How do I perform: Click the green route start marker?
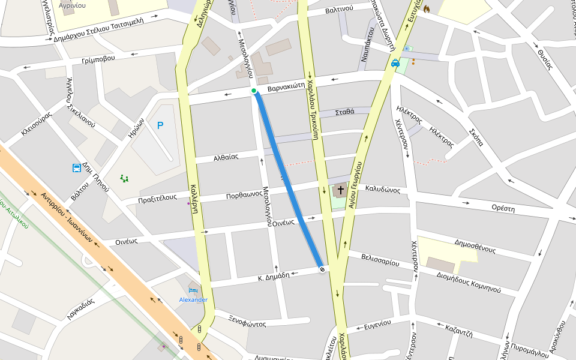(254, 91)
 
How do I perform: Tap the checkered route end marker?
(322, 269)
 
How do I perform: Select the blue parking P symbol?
(160, 125)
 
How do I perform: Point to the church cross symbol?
(341, 191)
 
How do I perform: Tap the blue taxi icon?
(395, 63)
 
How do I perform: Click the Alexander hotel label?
(193, 299)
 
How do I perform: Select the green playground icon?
(125, 178)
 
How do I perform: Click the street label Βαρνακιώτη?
(290, 88)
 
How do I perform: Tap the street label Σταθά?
(344, 112)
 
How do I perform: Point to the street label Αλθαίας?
(226, 158)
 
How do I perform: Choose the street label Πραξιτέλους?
(157, 197)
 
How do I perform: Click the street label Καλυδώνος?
(382, 189)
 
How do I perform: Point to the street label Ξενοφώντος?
(247, 323)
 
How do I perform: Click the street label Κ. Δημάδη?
(274, 276)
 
